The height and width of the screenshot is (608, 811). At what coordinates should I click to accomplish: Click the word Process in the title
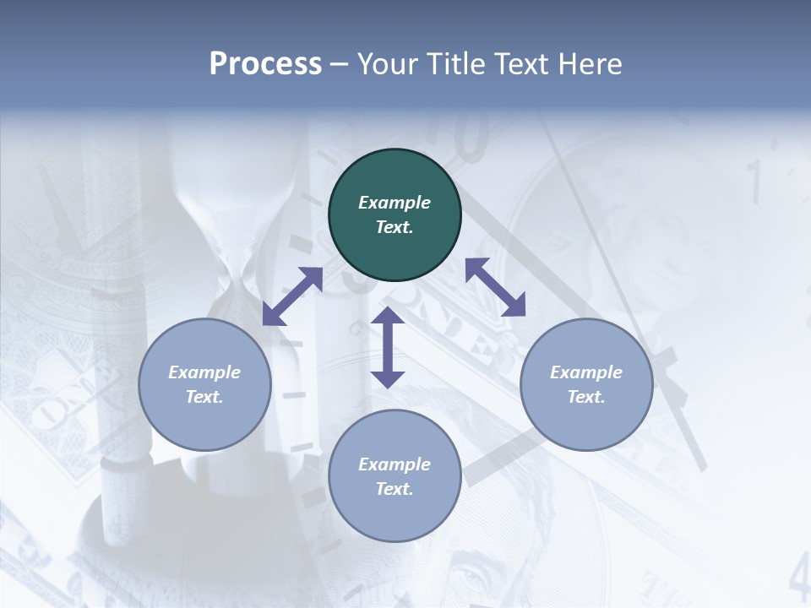pyautogui.click(x=265, y=64)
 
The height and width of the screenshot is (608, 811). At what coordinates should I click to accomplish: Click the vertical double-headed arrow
pyautogui.click(x=388, y=348)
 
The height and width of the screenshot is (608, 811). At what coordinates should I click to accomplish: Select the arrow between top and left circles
pyautogui.click(x=292, y=296)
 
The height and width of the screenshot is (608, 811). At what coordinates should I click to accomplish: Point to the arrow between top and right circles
pyautogui.click(x=495, y=287)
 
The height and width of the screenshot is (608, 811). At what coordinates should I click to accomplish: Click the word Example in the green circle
pyautogui.click(x=395, y=203)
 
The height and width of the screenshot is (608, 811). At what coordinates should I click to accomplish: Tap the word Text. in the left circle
pyautogui.click(x=204, y=397)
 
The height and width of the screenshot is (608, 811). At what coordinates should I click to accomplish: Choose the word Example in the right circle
pyautogui.click(x=586, y=372)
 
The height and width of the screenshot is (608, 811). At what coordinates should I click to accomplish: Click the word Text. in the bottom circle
pyautogui.click(x=395, y=489)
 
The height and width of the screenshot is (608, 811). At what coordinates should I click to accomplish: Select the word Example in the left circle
pyautogui.click(x=204, y=372)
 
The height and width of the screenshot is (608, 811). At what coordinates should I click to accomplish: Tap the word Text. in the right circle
pyautogui.click(x=586, y=397)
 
